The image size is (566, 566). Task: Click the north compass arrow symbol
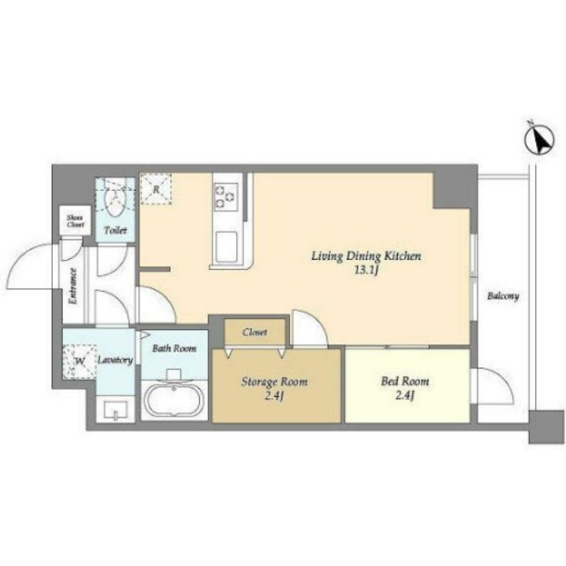pyautogui.click(x=539, y=140)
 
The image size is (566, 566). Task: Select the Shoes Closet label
pyautogui.click(x=75, y=221)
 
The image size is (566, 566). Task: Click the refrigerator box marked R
pyautogui.click(x=156, y=189)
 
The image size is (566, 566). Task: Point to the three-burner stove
pyautogui.click(x=226, y=196)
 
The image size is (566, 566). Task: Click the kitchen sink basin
pyautogui.click(x=226, y=247)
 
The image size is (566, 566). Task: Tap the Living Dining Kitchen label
pyautogui.click(x=366, y=256)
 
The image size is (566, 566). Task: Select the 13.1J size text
pyautogui.click(x=366, y=271)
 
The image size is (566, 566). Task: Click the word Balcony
pyautogui.click(x=503, y=296)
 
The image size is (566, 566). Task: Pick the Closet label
pyautogui.click(x=255, y=333)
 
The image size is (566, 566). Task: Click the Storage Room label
pyautogui.click(x=274, y=381)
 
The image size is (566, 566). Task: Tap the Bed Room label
pyautogui.click(x=405, y=381)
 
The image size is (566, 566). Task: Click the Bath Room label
pyautogui.click(x=174, y=348)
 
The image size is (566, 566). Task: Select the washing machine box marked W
pyautogui.click(x=80, y=362)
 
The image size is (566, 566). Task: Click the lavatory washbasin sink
pyautogui.click(x=116, y=410)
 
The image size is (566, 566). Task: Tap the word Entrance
pyautogui.click(x=73, y=287)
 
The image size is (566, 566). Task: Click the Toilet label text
pyautogui.click(x=116, y=230)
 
